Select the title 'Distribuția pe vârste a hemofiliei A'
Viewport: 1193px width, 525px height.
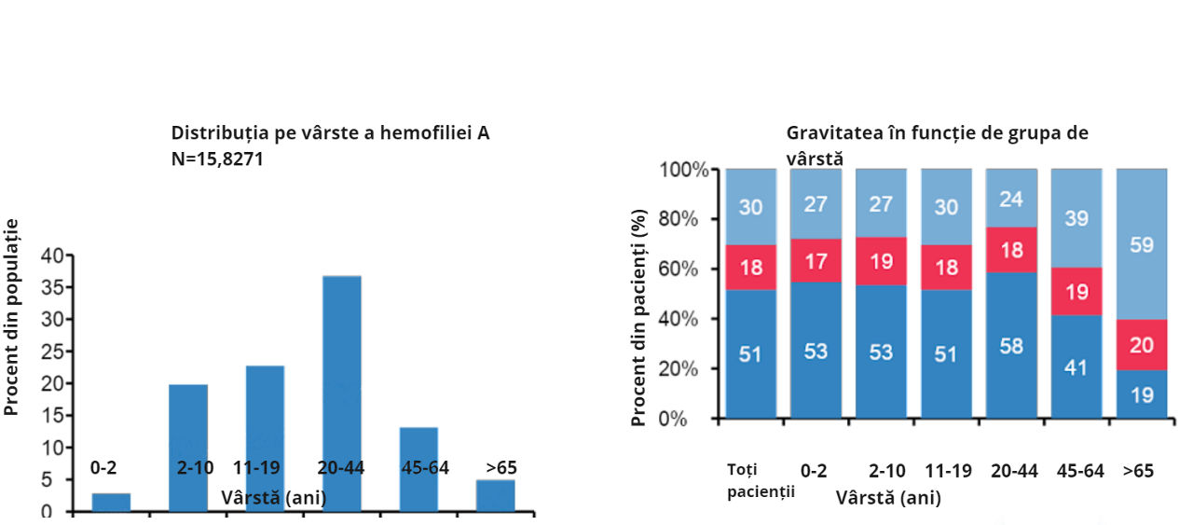click(x=330, y=133)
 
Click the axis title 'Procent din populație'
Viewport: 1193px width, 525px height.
click(x=12, y=317)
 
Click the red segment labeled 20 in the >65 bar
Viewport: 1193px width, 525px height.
click(x=1142, y=345)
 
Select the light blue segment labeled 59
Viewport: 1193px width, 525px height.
click(x=1142, y=244)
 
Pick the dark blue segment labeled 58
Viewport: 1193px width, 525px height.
click(x=1011, y=346)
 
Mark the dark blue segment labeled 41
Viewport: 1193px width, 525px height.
click(x=1076, y=366)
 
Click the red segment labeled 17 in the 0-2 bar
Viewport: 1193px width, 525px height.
click(x=816, y=260)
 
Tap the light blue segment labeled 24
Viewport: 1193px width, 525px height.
click(x=1011, y=198)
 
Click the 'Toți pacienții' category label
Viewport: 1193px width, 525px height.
click(x=761, y=480)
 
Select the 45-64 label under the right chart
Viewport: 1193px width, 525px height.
click(x=1080, y=471)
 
